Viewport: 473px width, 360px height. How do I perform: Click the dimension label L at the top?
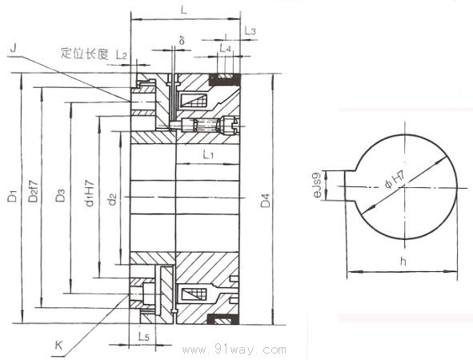click(x=183, y=10)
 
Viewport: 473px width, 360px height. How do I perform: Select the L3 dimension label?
click(x=250, y=30)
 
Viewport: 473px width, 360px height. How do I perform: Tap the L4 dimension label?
click(x=225, y=48)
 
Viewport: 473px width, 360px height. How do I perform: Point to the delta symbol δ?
click(x=182, y=40)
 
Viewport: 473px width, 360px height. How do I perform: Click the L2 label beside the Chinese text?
click(x=122, y=54)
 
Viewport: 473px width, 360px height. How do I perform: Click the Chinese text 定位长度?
click(x=85, y=54)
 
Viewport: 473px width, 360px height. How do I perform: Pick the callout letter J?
click(x=13, y=48)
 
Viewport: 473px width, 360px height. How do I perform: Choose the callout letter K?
click(x=58, y=346)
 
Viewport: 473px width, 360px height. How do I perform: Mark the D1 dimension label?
click(x=12, y=196)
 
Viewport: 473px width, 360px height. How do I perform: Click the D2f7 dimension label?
click(x=33, y=191)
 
